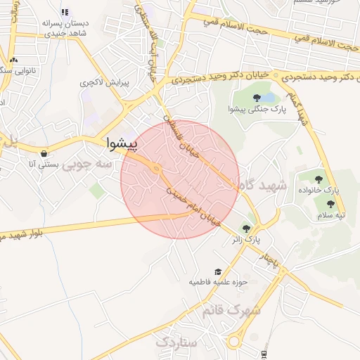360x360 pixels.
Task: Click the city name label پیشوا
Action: point(122,143)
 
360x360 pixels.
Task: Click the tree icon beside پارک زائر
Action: point(245,229)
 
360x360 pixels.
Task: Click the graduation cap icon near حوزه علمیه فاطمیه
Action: point(218,271)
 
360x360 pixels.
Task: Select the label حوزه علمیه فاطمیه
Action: point(217,282)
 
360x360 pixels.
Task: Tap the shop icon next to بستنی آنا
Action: point(44,153)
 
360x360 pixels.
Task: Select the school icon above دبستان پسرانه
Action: point(65,12)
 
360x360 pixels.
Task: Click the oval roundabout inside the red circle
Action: point(155,169)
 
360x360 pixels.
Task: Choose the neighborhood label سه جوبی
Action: point(87,165)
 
